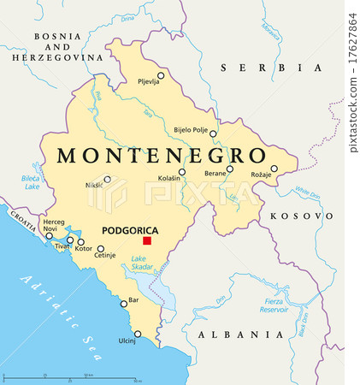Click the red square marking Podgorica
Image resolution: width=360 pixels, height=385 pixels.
click(147, 241)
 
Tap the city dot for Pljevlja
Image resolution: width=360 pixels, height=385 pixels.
click(161, 75)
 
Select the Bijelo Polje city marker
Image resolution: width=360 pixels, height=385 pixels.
click(213, 133)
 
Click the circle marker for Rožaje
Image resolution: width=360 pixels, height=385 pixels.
click(274, 169)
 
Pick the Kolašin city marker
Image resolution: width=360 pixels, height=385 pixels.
click(181, 172)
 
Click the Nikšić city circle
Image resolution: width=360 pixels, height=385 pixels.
click(107, 180)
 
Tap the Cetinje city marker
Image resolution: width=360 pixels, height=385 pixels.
click(101, 249)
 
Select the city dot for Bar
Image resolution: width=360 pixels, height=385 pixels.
click(122, 301)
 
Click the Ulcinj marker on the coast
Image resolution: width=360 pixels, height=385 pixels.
click(138, 335)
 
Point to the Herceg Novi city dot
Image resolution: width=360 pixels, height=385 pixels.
click(49, 235)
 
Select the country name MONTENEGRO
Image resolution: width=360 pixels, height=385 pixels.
click(160, 155)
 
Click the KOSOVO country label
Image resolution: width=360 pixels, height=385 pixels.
click(301, 216)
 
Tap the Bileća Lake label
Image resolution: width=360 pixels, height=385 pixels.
click(31, 181)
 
